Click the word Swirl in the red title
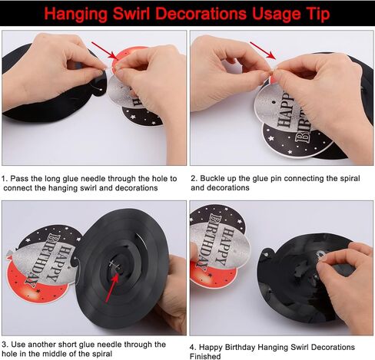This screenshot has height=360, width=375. click(131, 14)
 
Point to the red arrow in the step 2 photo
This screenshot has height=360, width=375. click(263, 51)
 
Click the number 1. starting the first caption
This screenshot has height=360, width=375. click(5, 178)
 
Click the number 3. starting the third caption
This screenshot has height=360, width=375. click(5, 345)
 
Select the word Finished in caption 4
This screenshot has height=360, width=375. click(205, 356)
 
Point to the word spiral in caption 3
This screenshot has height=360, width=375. click(101, 355)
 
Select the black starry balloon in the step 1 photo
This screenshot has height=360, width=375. click(142, 117)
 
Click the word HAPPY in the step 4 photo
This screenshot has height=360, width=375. click(226, 246)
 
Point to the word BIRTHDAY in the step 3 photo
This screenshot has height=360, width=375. click(41, 259)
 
